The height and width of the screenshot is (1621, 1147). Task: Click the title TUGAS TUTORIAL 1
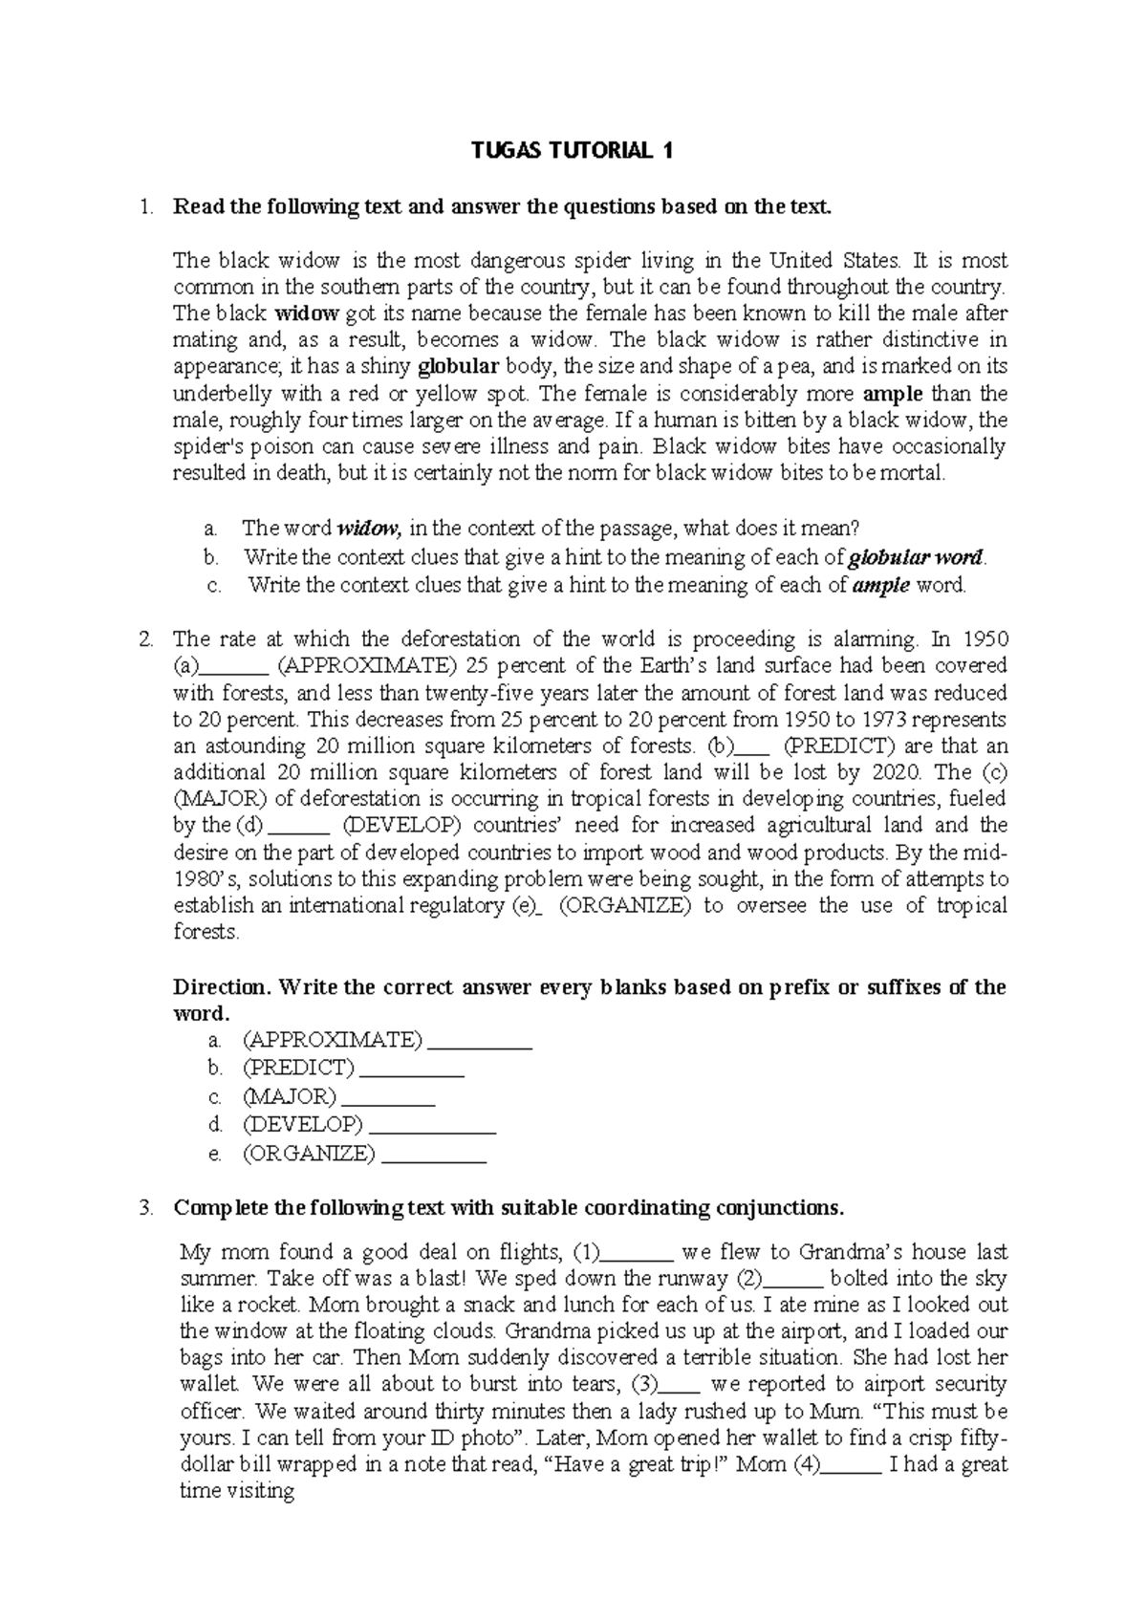click(x=573, y=150)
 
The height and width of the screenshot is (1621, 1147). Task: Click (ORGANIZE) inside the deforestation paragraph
click(x=623, y=905)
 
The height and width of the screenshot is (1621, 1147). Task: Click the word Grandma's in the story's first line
click(x=849, y=1252)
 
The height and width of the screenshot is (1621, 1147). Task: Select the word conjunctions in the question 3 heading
click(x=782, y=1207)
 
